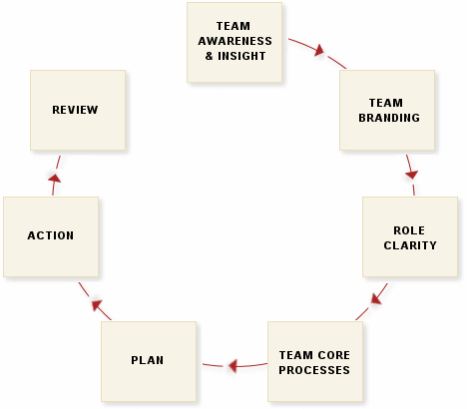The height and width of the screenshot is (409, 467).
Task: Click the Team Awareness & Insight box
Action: tap(234, 42)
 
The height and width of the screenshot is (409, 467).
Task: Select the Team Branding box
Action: tap(387, 110)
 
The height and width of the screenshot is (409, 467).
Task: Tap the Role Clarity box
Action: tap(410, 236)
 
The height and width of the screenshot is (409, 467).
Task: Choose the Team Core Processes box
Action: tap(315, 361)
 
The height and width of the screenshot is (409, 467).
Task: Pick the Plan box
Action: tap(149, 361)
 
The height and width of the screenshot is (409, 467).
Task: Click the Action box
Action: tap(51, 236)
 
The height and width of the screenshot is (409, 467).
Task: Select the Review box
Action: tap(78, 110)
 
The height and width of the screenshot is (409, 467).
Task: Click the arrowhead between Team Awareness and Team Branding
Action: tap(319, 50)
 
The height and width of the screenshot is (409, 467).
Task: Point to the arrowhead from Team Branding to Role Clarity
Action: tap(412, 175)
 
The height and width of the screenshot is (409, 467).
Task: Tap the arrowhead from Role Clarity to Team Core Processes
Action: tap(376, 298)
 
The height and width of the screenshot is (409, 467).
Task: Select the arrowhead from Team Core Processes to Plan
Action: tap(233, 366)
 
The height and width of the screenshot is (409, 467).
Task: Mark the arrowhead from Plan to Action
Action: tap(97, 304)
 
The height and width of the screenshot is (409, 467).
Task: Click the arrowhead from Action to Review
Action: tap(55, 178)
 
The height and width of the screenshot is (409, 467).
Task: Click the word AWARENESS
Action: tap(234, 41)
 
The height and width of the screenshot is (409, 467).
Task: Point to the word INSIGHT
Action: tap(241, 56)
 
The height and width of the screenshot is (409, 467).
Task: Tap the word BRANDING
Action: tap(389, 118)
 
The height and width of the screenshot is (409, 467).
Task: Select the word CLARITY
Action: tap(410, 245)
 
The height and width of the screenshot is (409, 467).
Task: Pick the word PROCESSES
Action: tap(314, 370)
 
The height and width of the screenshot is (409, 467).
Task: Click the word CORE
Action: tap(333, 355)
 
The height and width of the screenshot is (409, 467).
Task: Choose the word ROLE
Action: tap(409, 230)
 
